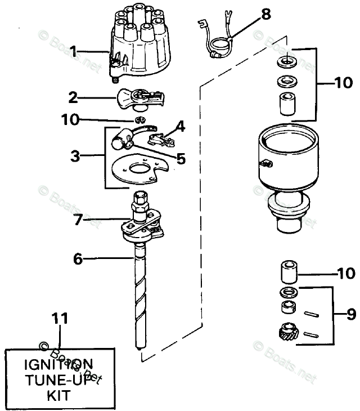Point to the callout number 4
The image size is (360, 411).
point(179,126)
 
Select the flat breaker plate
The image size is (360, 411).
point(138,169)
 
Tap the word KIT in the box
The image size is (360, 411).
point(59,395)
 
